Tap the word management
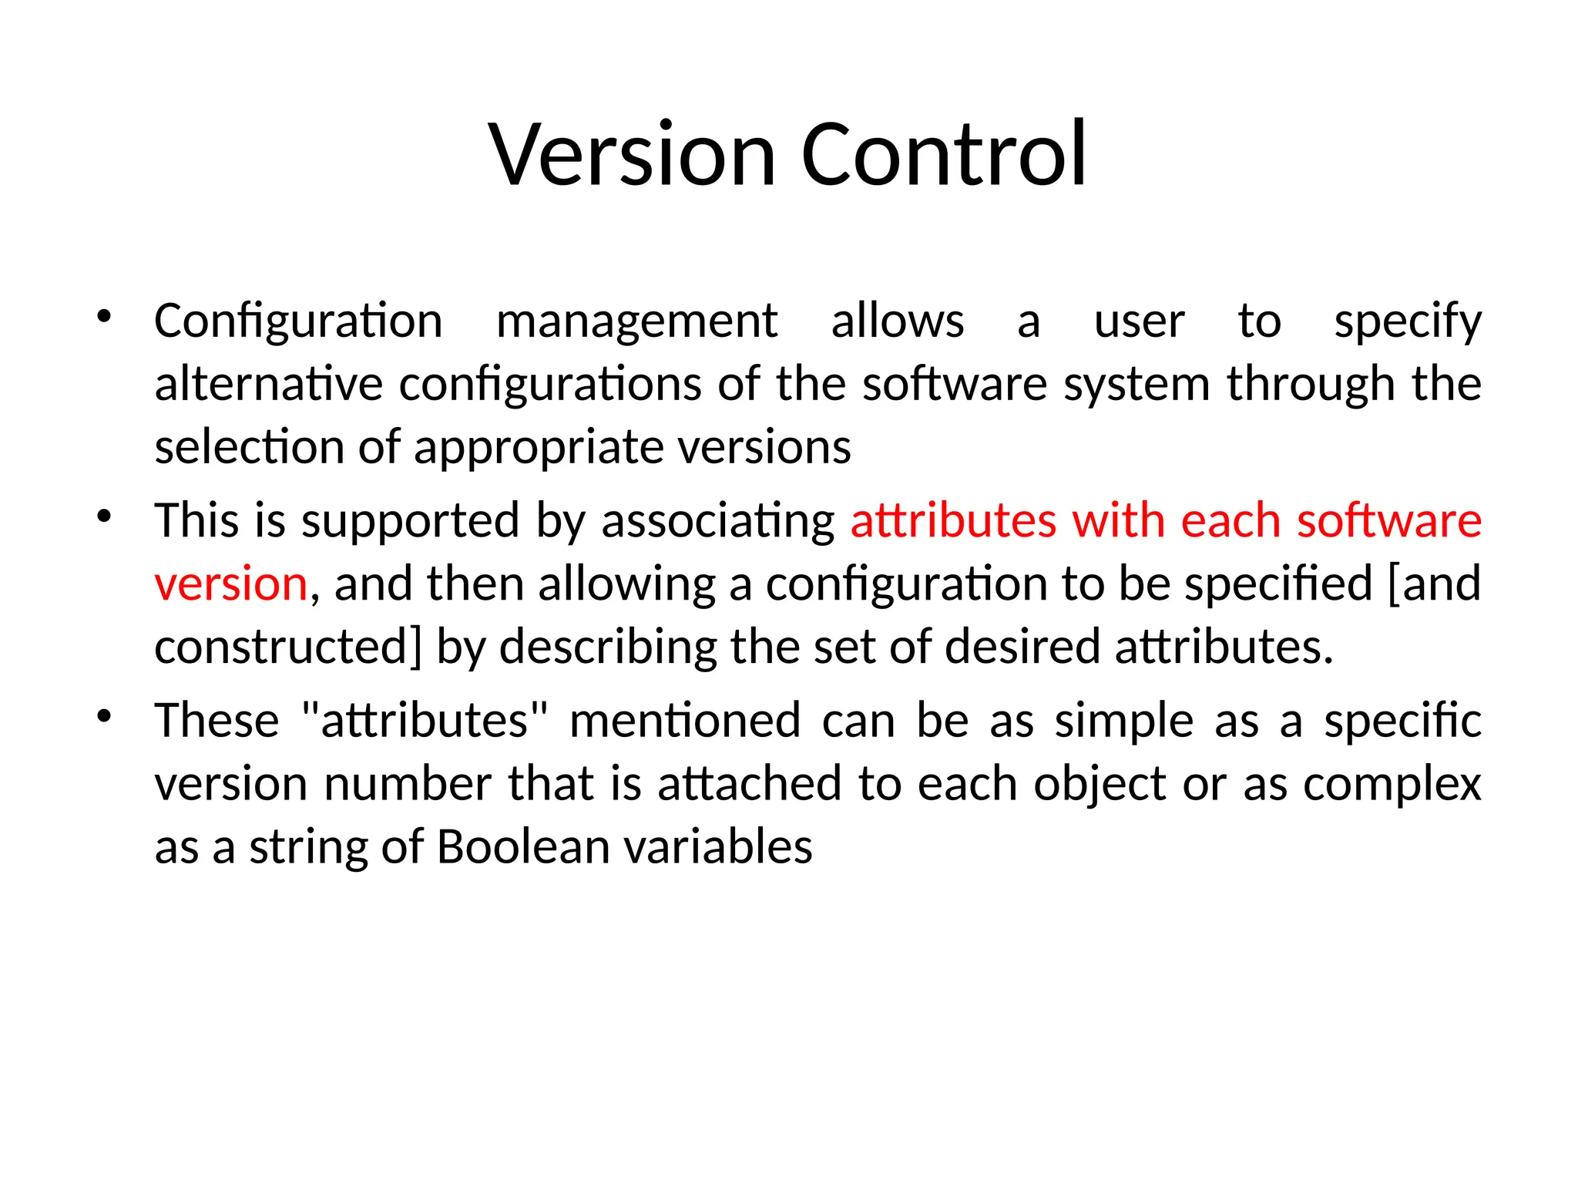tap(636, 321)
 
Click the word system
tap(1136, 385)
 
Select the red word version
tap(231, 584)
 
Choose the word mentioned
tap(685, 721)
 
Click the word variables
tap(717, 847)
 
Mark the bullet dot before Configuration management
tap(104, 316)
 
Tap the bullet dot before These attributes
tap(104, 716)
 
